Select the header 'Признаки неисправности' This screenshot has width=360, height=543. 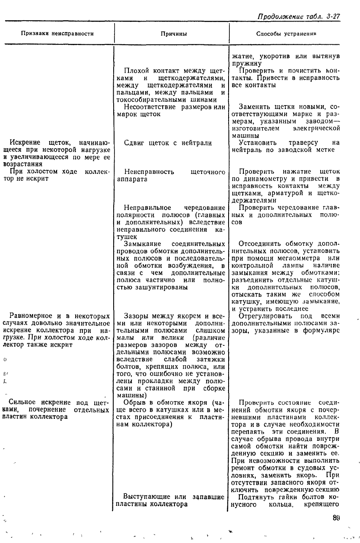tap(57, 33)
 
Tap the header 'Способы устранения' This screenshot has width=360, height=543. tap(286, 33)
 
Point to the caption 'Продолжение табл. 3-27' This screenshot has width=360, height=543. tap(299, 16)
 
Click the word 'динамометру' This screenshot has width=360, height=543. tap(262, 179)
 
